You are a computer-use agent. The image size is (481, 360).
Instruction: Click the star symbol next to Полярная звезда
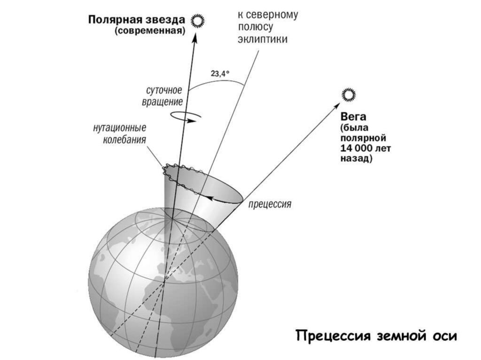point(199,21)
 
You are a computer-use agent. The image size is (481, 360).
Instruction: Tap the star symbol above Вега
point(349,95)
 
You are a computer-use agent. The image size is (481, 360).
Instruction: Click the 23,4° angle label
point(220,73)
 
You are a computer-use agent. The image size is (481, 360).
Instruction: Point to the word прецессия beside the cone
point(270,205)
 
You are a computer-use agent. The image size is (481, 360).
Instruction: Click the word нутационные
point(120,128)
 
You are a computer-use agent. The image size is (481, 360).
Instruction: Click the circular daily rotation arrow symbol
point(184,116)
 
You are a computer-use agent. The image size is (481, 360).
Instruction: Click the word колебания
point(124,139)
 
